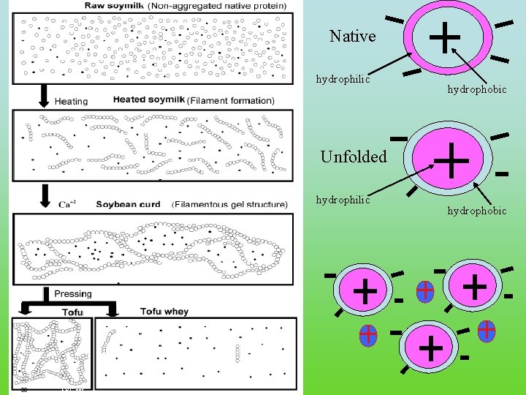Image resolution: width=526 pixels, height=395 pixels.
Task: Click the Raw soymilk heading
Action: pyautogui.click(x=115, y=5)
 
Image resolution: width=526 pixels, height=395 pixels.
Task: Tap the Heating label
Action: pyautogui.click(x=71, y=102)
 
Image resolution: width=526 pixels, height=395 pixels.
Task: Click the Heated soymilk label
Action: pyautogui.click(x=148, y=100)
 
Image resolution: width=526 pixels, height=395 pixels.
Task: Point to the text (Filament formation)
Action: pyautogui.click(x=231, y=100)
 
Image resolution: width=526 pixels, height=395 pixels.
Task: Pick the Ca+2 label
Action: pyautogui.click(x=65, y=205)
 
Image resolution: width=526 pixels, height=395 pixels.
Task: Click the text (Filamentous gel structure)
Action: pyautogui.click(x=229, y=205)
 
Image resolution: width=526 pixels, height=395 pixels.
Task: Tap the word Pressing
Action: pyautogui.click(x=73, y=294)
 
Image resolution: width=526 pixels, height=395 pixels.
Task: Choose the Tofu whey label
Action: pyautogui.click(x=165, y=312)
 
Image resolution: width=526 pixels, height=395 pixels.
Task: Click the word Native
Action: pyautogui.click(x=352, y=37)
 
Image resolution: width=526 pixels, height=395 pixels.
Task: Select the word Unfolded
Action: pyautogui.click(x=354, y=157)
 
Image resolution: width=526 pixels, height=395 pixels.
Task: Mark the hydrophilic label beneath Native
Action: pyautogui.click(x=343, y=78)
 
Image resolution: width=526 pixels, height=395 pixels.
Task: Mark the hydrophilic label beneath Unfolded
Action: pyautogui.click(x=343, y=199)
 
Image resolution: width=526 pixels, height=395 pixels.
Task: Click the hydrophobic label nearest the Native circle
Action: pyautogui.click(x=477, y=89)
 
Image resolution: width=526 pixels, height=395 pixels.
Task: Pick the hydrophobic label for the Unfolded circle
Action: pyautogui.click(x=477, y=211)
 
